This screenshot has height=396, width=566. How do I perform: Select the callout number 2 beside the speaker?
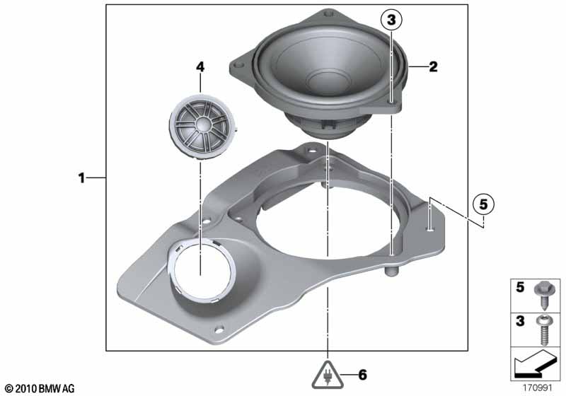tap(432, 67)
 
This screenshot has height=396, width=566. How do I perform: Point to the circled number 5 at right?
tap(483, 204)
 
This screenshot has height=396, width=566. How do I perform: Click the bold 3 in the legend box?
tap(520, 322)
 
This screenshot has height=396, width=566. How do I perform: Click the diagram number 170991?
tap(538, 388)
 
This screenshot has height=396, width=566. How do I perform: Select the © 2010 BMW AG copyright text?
tap(39, 388)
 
